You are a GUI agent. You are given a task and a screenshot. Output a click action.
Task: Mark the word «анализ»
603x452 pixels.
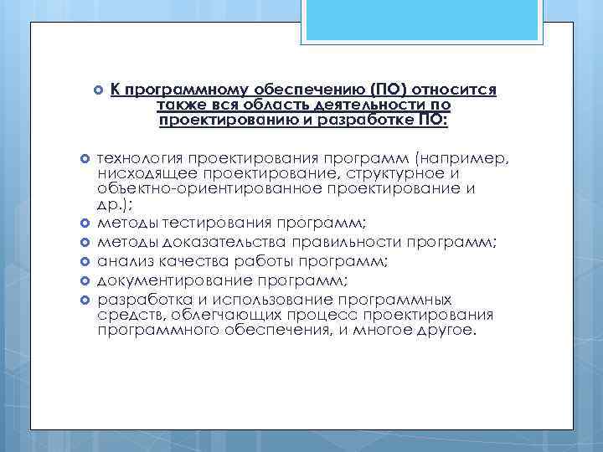coord(123,262)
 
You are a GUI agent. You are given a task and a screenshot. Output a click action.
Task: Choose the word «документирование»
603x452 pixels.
coord(167,281)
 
